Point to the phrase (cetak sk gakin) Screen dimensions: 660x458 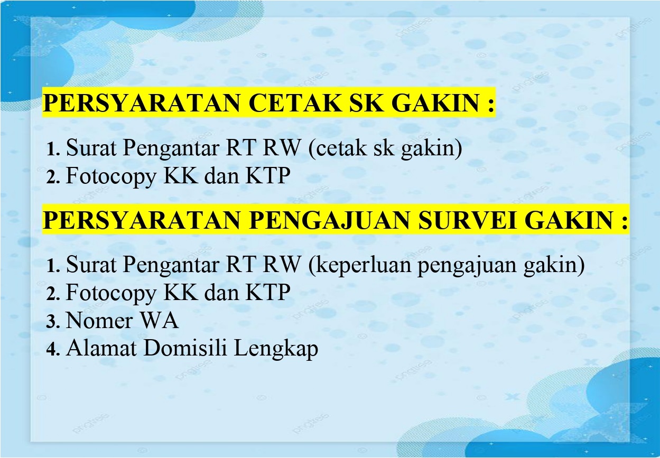coord(385,147)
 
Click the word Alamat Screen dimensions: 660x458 coord(101,348)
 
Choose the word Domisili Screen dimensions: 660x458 coord(185,348)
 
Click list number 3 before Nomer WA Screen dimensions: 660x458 coord(53,321)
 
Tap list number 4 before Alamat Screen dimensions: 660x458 coord(53,349)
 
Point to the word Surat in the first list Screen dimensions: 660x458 coord(91,147)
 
